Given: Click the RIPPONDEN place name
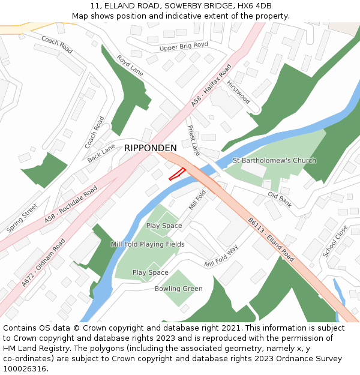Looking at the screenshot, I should [151, 148].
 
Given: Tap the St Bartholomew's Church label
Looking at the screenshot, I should [274, 161].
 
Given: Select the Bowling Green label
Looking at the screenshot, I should [179, 289].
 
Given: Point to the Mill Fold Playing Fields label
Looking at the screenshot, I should [148, 244].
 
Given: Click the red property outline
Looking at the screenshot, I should [176, 174].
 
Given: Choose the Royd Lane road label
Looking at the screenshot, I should [130, 65].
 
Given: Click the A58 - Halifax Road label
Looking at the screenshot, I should [211, 86].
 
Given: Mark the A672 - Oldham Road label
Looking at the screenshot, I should [43, 263].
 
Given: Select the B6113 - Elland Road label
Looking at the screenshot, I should [271, 239].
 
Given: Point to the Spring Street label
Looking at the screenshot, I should [22, 218].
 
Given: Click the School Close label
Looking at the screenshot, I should [335, 241].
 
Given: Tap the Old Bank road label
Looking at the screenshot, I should [280, 200].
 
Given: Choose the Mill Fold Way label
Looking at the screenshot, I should [221, 256].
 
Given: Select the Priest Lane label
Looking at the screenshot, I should [193, 140].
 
